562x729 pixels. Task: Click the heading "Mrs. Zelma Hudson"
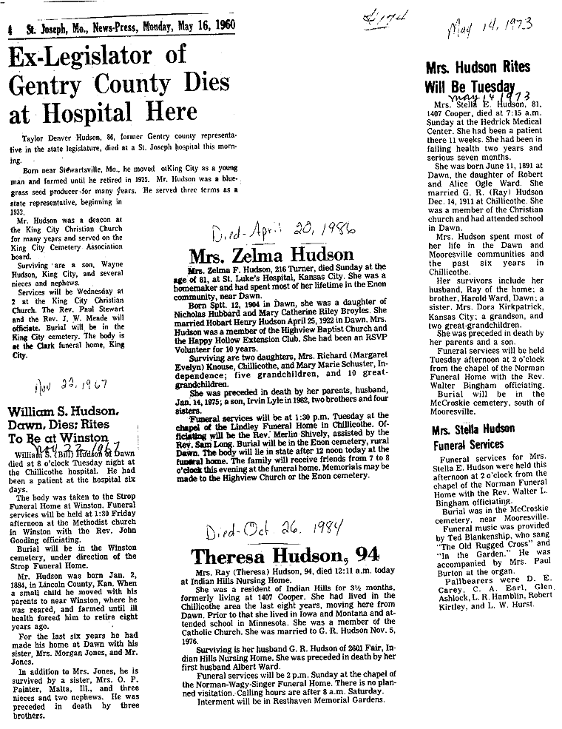click(271, 256)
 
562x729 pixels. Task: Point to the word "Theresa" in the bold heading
click(228, 555)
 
